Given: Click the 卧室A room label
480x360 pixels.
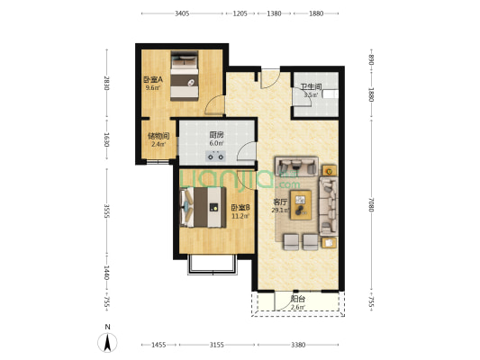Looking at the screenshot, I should point(152,79).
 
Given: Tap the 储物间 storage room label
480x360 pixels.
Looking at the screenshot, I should point(158,136).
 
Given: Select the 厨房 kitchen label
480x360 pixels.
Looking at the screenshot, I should point(216,135).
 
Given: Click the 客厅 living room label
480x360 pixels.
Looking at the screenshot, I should point(279,202).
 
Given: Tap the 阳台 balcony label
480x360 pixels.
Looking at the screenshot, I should point(297,300).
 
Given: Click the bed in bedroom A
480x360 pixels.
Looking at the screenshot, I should point(187,77).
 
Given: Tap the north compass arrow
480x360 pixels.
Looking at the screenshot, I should point(108,341).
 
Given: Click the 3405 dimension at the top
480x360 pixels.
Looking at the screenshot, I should point(182,13).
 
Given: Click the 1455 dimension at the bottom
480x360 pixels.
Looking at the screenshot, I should point(158,345).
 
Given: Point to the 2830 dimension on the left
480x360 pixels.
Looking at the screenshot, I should point(106,84).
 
